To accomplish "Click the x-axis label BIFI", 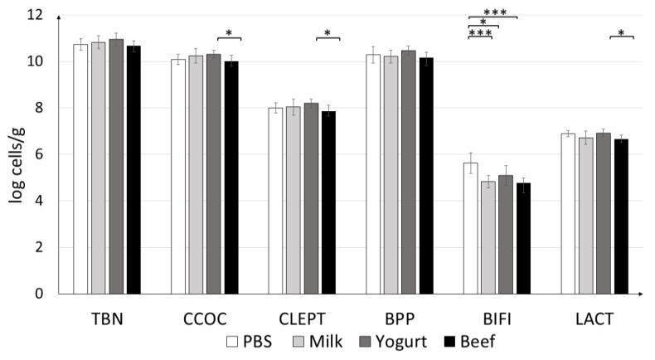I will [x=497, y=318].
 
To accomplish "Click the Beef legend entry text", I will [x=479, y=340].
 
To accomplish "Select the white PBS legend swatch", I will [x=234, y=340].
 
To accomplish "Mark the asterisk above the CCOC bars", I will [x=229, y=32].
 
